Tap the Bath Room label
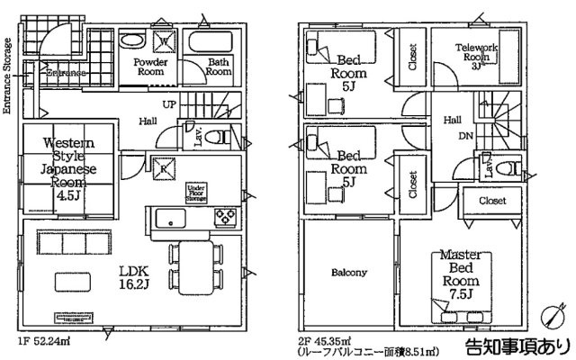tap(218, 69)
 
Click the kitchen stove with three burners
tap(223, 218)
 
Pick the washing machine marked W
tap(166, 40)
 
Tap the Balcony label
tap(348, 272)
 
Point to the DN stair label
tap(466, 136)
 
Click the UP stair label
tap(169, 103)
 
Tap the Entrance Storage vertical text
tap(7, 76)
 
